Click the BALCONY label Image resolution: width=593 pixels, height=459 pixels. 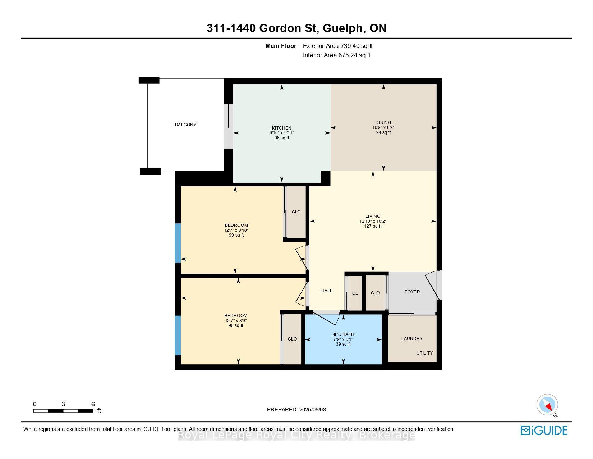click(185, 125)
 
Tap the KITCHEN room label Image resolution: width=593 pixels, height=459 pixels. click(282, 128)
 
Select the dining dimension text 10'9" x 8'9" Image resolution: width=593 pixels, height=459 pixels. click(383, 127)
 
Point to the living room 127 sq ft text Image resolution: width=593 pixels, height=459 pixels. click(373, 226)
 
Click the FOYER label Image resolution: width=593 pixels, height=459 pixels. click(412, 292)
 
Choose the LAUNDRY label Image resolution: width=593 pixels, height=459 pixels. click(412, 338)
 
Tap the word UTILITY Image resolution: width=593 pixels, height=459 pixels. click(425, 353)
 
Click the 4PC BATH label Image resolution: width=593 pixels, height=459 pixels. click(343, 334)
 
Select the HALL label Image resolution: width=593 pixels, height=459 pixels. click(327, 291)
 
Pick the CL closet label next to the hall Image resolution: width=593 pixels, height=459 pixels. click(355, 293)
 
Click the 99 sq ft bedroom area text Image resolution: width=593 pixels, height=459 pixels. click(236, 235)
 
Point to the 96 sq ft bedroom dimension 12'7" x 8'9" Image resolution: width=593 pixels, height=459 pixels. click(236, 320)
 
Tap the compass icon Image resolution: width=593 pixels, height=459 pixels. click(547, 405)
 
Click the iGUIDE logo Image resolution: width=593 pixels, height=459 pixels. click(544, 430)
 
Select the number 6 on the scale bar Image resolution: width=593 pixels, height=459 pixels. click(93, 404)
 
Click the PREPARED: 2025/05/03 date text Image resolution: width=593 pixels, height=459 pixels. click(296, 410)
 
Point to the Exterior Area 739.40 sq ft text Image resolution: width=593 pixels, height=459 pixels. click(337, 46)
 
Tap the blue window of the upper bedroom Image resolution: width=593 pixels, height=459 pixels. click(178, 243)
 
